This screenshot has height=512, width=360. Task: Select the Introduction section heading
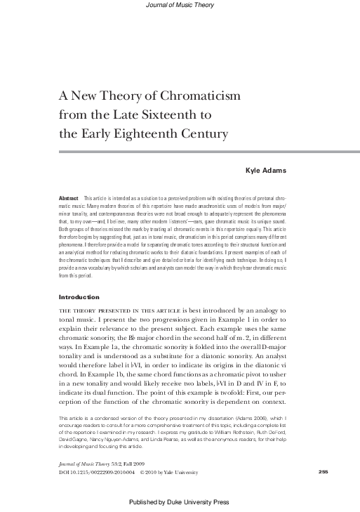[x=79, y=277]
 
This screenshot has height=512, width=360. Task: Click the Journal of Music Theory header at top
[x=179, y=5]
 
